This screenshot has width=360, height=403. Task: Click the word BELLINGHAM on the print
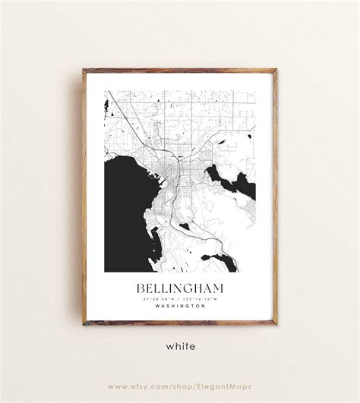click(179, 289)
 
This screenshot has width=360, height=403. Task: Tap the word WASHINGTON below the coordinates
click(179, 306)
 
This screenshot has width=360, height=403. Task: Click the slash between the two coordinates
click(180, 299)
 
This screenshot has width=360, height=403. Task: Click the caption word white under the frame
click(180, 346)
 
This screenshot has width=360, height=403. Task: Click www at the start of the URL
click(117, 386)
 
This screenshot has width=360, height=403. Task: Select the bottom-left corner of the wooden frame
click(84, 324)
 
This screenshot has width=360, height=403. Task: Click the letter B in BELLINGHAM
click(141, 289)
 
